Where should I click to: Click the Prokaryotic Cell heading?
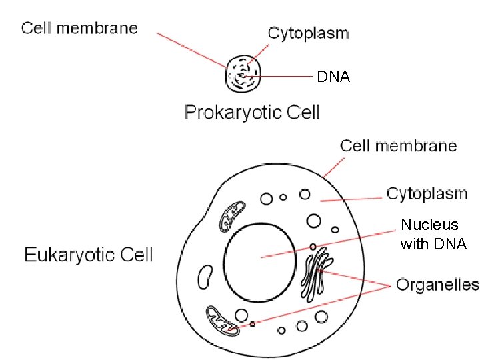pyautogui.click(x=252, y=112)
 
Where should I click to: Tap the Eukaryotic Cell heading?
pyautogui.click(x=89, y=254)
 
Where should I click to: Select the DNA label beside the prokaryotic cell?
pyautogui.click(x=333, y=77)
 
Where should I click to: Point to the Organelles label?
pyautogui.click(x=437, y=285)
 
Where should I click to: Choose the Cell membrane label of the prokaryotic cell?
pyautogui.click(x=79, y=28)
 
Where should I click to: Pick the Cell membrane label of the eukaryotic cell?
pyautogui.click(x=399, y=145)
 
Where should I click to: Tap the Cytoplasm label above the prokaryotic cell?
pyautogui.click(x=308, y=33)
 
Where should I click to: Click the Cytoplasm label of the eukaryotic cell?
pyautogui.click(x=427, y=194)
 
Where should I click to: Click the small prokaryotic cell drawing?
pyautogui.click(x=243, y=74)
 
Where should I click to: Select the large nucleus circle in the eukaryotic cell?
pyautogui.click(x=260, y=257)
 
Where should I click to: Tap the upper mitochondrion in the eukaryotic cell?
pyautogui.click(x=233, y=214)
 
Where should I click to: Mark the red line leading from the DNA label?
pyautogui.click(x=283, y=77)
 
